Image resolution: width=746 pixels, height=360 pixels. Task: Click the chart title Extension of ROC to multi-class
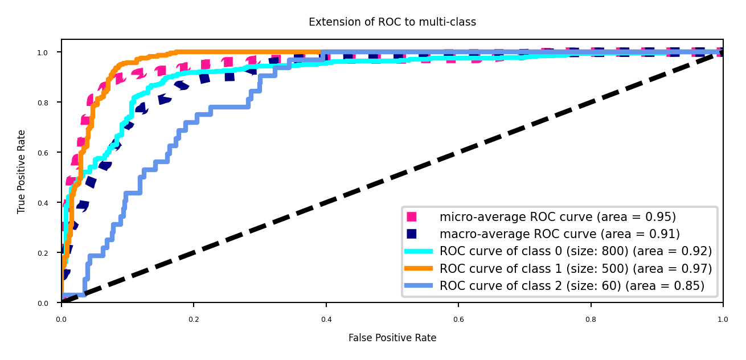[x=392, y=22]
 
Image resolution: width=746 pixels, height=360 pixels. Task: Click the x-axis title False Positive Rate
[x=392, y=338]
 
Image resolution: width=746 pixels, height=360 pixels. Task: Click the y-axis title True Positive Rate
[x=22, y=171]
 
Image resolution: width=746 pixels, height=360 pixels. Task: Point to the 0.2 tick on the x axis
[x=194, y=319]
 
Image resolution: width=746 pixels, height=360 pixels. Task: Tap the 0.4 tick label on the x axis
[x=326, y=319]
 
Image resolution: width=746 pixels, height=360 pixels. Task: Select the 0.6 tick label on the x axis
[x=458, y=319]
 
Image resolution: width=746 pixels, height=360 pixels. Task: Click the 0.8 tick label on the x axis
[x=591, y=319]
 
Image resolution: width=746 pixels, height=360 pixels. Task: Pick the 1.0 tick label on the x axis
[x=723, y=319]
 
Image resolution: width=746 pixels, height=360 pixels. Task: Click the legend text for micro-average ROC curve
[x=558, y=217]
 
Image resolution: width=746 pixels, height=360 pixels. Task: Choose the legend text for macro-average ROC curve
[x=559, y=234]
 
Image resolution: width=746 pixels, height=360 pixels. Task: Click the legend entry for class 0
[x=575, y=251]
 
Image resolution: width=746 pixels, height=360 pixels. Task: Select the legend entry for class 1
[x=575, y=268]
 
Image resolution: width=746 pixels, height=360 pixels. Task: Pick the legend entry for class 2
[x=572, y=285]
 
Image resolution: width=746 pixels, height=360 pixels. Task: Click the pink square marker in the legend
[x=412, y=217]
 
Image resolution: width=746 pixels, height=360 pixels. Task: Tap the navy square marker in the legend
[x=412, y=234]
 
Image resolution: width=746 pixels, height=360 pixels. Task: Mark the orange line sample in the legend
[x=419, y=268]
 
